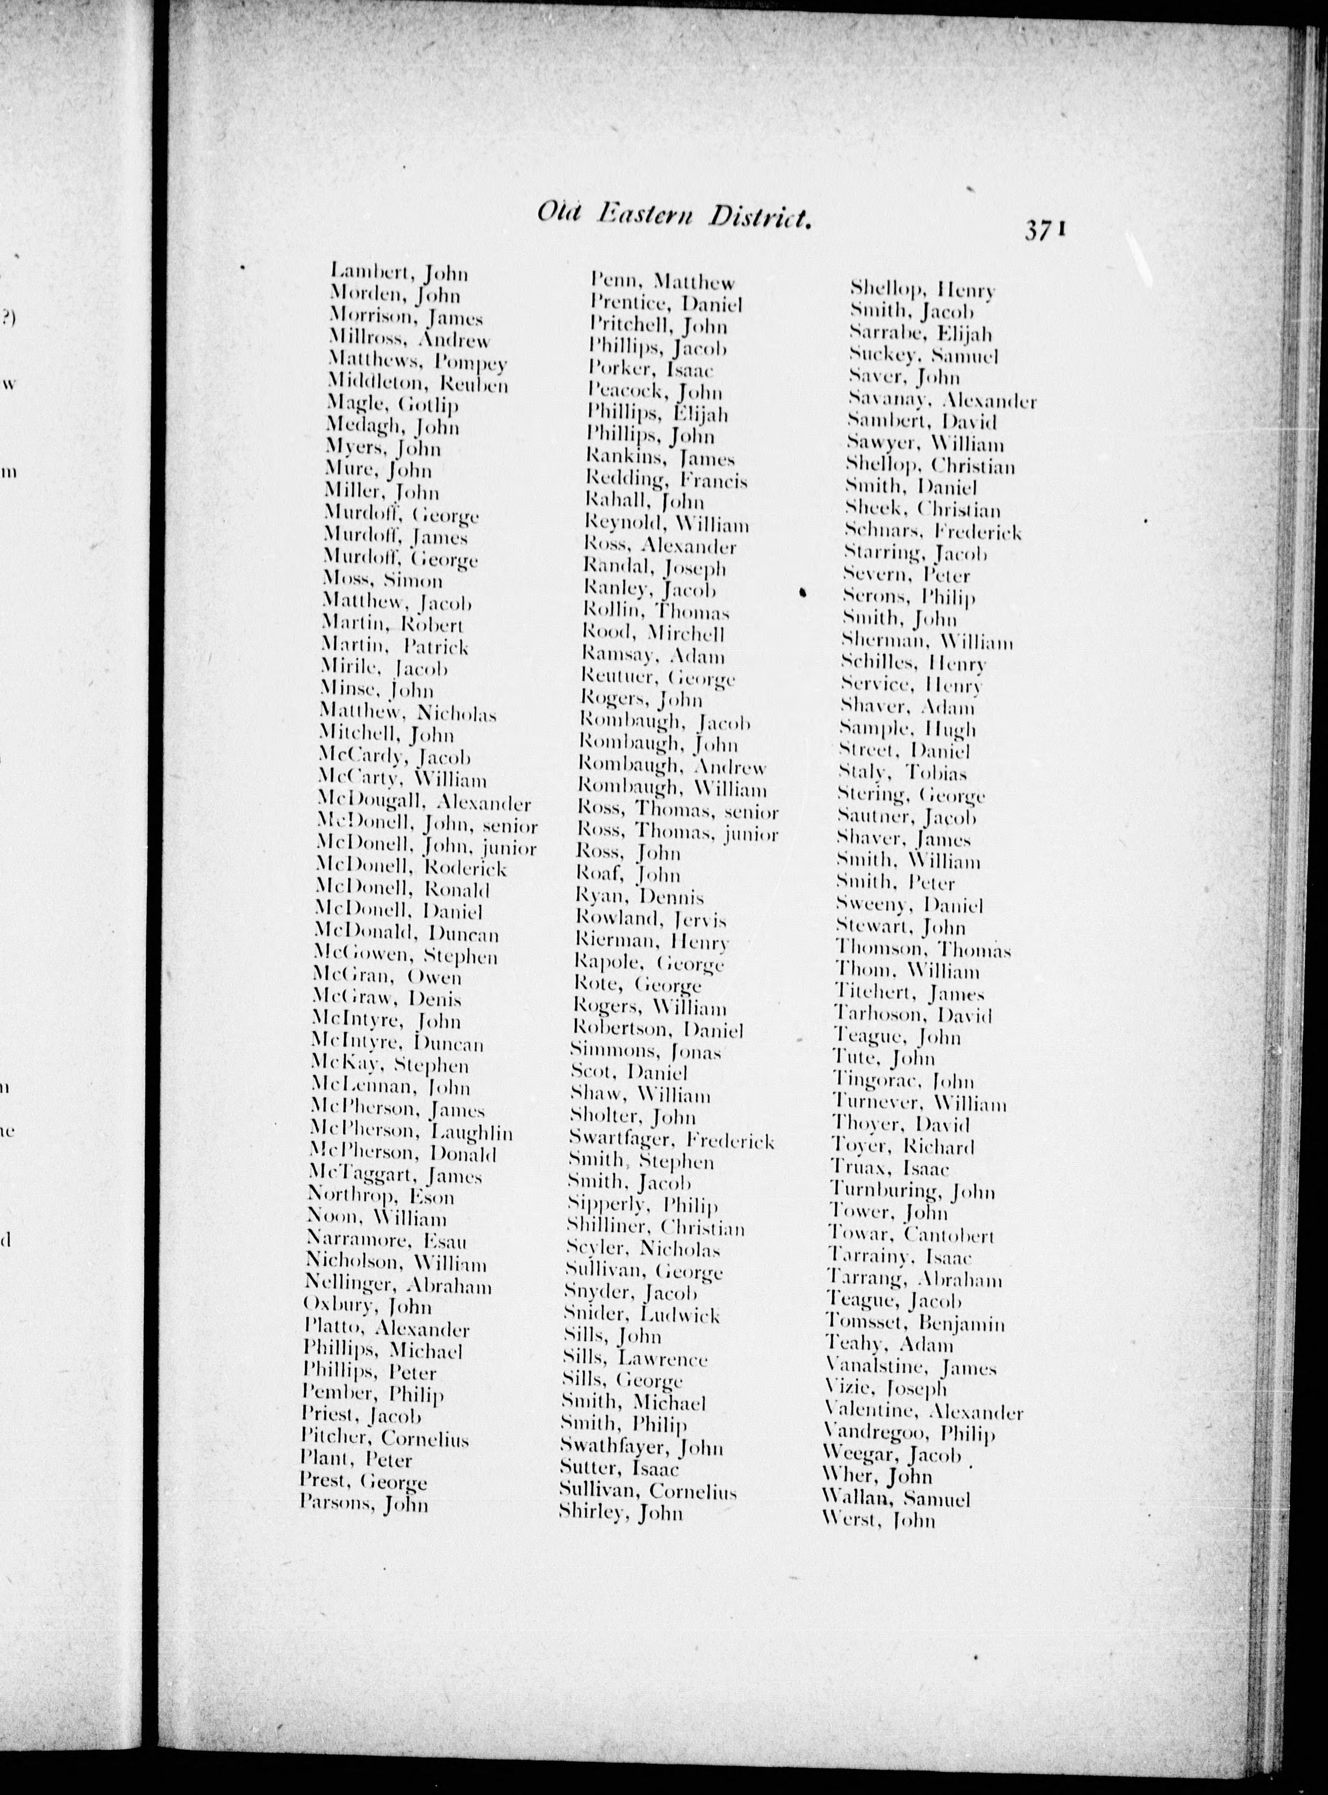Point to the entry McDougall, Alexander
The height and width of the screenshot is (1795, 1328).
pos(424,802)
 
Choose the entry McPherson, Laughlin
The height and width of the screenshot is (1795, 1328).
pos(413,1133)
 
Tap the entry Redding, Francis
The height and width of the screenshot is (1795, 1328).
pos(667,480)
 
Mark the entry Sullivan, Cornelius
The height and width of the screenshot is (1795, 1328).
pos(648,1491)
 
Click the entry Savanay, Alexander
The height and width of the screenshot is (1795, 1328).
pos(942,400)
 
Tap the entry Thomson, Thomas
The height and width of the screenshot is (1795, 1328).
pos(923,950)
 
